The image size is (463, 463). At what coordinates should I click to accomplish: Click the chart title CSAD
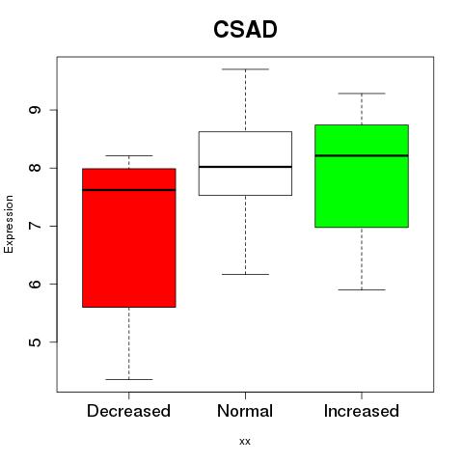(x=245, y=29)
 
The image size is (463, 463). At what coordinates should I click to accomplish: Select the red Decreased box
(x=129, y=237)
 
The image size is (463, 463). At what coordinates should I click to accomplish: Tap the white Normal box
(x=245, y=163)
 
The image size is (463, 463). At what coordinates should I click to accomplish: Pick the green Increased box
(x=362, y=176)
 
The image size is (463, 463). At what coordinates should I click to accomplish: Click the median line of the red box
(x=129, y=190)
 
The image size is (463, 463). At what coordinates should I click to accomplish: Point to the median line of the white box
(x=245, y=167)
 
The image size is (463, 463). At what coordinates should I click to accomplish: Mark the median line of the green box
(x=362, y=155)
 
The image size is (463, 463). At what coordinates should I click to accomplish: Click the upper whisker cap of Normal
(x=245, y=69)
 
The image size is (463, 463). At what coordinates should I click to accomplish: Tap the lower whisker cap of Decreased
(x=129, y=379)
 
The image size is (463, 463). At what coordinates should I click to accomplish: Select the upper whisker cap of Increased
(x=362, y=94)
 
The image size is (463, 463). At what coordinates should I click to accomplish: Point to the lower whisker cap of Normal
(x=245, y=274)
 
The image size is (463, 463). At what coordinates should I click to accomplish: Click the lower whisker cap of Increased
(x=362, y=289)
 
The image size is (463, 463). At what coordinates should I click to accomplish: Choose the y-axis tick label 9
(x=35, y=110)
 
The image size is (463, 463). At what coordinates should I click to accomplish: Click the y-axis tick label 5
(x=35, y=341)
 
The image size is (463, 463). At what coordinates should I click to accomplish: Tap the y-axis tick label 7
(x=35, y=226)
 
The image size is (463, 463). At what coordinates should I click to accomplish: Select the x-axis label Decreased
(x=128, y=411)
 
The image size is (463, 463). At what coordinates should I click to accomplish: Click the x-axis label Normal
(x=245, y=411)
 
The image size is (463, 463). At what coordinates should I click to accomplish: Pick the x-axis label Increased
(x=362, y=411)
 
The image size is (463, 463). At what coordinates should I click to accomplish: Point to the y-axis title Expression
(x=9, y=224)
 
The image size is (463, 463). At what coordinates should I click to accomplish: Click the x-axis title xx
(x=245, y=442)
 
